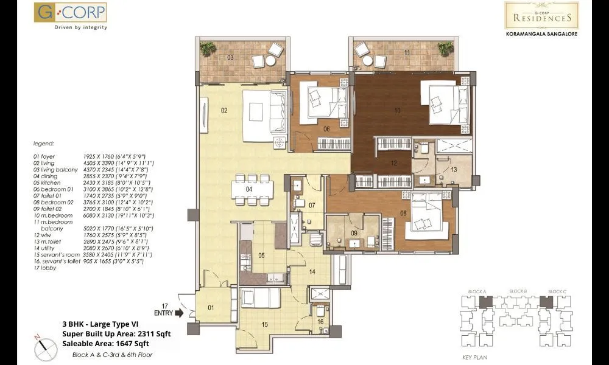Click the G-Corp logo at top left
71,16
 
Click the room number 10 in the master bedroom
398,110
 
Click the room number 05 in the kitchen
261,255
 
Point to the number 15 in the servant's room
264,324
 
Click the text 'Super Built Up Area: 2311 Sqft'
117,333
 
